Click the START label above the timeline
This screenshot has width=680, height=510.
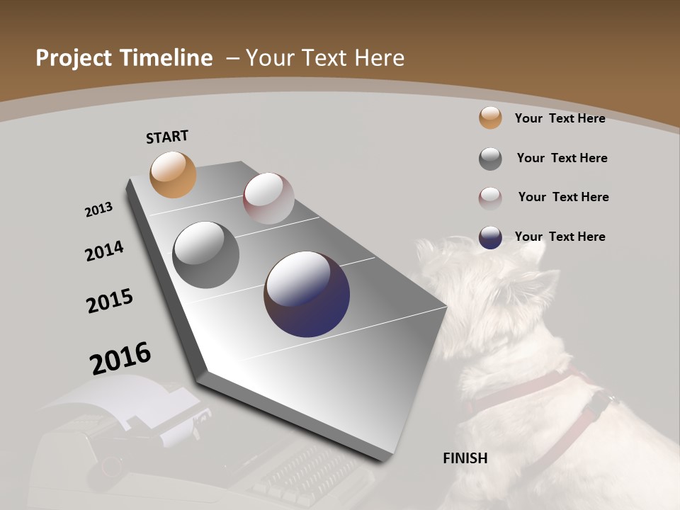[x=167, y=137]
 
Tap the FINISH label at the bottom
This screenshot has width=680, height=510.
[x=465, y=458]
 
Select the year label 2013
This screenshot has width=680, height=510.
[x=98, y=210]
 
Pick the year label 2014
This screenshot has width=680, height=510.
[x=104, y=251]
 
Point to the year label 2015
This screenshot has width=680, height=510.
[x=110, y=301]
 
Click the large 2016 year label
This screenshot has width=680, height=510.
[x=120, y=358]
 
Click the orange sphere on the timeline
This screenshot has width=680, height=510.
[x=173, y=174]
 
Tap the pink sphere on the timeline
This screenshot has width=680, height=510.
[x=268, y=198]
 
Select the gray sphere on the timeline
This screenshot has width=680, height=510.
[x=205, y=255]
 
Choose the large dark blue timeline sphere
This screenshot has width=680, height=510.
[x=307, y=294]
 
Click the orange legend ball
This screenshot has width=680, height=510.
[x=490, y=118]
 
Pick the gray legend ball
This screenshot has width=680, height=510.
[x=490, y=159]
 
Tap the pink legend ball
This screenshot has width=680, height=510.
[x=490, y=198]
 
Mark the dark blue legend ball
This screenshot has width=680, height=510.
[x=490, y=237]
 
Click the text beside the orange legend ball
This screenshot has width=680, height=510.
[x=560, y=118]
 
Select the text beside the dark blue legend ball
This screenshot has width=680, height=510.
[x=560, y=237]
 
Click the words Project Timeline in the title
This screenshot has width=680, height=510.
[x=124, y=58]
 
